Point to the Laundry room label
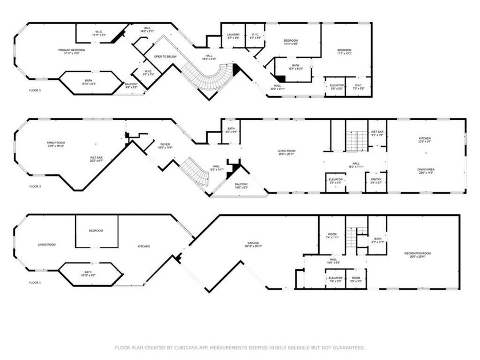[x=233, y=36]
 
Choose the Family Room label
[x=57, y=143]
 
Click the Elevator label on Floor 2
[x=335, y=181]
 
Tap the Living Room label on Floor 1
[x=46, y=245]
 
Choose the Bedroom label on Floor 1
[x=95, y=230]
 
